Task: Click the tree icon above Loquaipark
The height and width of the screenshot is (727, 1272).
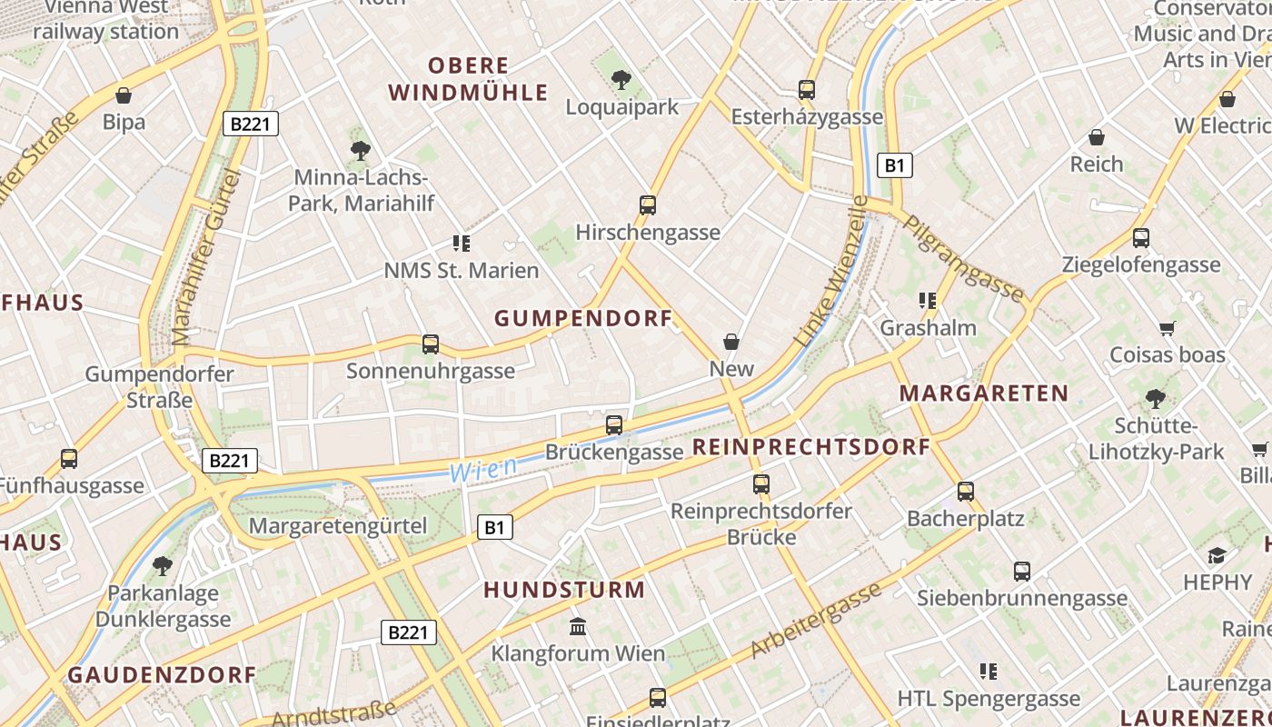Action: click(621, 80)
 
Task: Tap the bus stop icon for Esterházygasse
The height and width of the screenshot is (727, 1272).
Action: click(807, 90)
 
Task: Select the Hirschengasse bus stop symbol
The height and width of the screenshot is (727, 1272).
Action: click(648, 205)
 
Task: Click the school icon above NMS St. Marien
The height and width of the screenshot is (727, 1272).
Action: click(462, 244)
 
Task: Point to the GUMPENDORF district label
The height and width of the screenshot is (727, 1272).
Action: click(583, 318)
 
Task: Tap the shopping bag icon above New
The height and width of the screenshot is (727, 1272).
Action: click(731, 342)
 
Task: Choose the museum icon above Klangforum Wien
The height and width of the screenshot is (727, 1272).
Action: click(578, 627)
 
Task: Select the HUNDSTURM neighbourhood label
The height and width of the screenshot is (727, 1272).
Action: click(564, 590)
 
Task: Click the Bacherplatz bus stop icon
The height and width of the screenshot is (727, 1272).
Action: click(966, 492)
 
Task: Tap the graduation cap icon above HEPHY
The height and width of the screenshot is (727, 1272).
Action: click(1217, 555)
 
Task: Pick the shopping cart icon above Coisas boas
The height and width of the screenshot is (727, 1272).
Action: click(1168, 328)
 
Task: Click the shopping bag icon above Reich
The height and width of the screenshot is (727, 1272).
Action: click(1097, 138)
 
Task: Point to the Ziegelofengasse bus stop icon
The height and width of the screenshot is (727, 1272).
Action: click(1141, 238)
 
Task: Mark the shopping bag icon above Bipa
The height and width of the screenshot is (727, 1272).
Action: click(124, 95)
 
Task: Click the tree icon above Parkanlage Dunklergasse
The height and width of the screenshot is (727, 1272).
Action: click(163, 566)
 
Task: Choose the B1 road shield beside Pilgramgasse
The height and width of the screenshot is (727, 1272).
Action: click(895, 165)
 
